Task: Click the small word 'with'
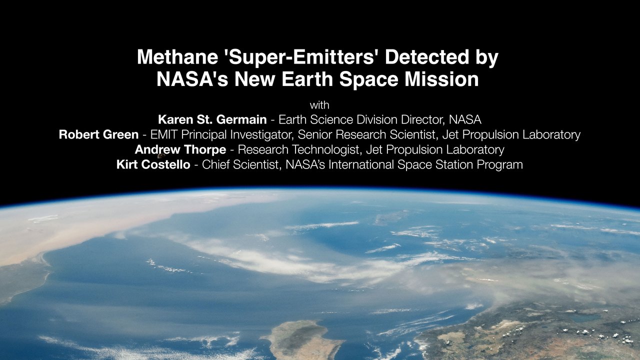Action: coord(319,105)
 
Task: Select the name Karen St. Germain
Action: coord(212,120)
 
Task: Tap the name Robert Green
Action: coord(98,135)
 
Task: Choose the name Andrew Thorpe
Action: coord(180,149)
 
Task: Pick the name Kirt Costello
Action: coord(153,164)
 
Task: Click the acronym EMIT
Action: coord(166,135)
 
